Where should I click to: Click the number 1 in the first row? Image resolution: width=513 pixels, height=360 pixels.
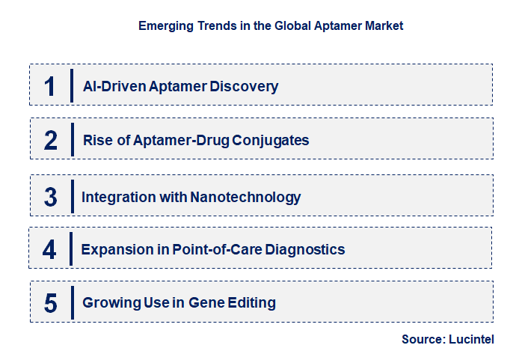[x=50, y=85]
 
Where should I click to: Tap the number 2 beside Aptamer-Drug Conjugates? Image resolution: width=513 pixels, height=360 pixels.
[x=50, y=139]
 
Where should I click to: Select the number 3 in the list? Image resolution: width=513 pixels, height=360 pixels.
[x=50, y=197]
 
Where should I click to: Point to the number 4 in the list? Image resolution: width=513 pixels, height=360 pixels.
[x=49, y=249]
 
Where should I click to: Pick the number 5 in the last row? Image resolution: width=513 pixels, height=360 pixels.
[x=50, y=303]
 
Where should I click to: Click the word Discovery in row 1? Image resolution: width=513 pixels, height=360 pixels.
[x=245, y=86]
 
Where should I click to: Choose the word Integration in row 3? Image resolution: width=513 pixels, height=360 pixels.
[x=114, y=198]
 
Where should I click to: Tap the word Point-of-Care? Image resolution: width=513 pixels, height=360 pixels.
[x=211, y=249]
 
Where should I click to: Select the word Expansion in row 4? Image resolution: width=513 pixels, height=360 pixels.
[x=116, y=249]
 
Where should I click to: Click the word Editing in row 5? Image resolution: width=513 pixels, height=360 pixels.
[x=252, y=303]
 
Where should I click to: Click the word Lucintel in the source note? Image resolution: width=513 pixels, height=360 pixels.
[x=471, y=339]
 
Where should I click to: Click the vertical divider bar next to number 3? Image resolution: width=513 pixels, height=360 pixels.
[x=72, y=196]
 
